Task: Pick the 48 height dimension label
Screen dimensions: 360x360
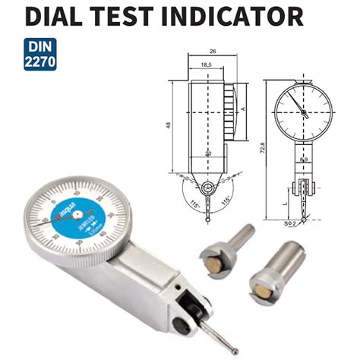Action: coord(168,125)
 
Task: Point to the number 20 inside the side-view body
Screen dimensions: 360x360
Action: coord(207,153)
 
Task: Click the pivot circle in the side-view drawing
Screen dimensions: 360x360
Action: coord(206,186)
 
